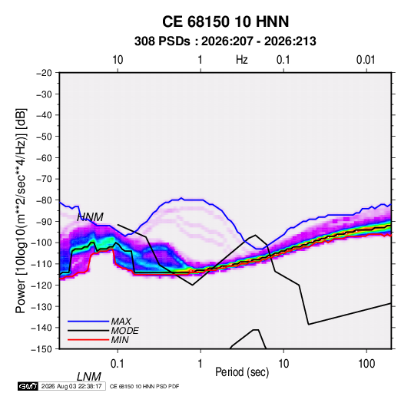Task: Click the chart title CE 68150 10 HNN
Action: coord(225,21)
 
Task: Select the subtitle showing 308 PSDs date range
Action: coord(225,41)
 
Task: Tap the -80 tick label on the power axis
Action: coord(44,200)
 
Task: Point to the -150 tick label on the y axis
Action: coord(41,349)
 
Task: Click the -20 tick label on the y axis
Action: coord(44,73)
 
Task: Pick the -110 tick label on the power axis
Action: coord(41,264)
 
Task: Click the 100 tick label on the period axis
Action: coord(366,364)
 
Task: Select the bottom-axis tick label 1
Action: coord(201,364)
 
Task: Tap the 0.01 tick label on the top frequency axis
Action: coord(366,60)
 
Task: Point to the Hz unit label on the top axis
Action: coord(242,60)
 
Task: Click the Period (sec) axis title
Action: coord(242,372)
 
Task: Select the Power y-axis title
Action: coord(21,210)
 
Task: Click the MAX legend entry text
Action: coord(121,322)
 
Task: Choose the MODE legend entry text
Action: coord(124,331)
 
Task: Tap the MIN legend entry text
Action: coord(120,340)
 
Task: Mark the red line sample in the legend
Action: coord(88,340)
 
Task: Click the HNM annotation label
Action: coord(91,217)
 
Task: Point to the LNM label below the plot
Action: coord(89,377)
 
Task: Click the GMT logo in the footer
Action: coord(28,386)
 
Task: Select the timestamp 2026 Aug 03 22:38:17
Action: coord(71,386)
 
